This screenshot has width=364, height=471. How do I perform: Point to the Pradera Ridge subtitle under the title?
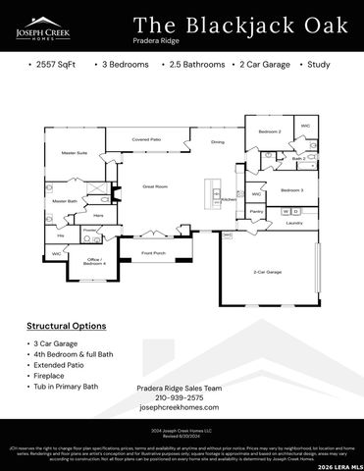pos(157,42)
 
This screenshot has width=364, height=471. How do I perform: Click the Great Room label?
pos(156,185)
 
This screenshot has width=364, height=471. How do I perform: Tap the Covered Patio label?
pos(146,140)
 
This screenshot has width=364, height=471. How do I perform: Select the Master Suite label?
pos(75,153)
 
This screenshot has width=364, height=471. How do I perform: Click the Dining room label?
pos(218,142)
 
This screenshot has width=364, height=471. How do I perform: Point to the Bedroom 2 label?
pos(270,131)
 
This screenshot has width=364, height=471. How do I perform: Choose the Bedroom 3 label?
pos(291,189)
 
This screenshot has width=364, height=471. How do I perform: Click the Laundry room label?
pos(293,223)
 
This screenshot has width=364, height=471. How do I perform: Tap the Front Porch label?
pos(153,253)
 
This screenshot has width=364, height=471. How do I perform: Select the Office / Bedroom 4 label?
pos(94,262)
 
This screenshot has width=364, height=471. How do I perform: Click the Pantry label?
pos(256,211)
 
